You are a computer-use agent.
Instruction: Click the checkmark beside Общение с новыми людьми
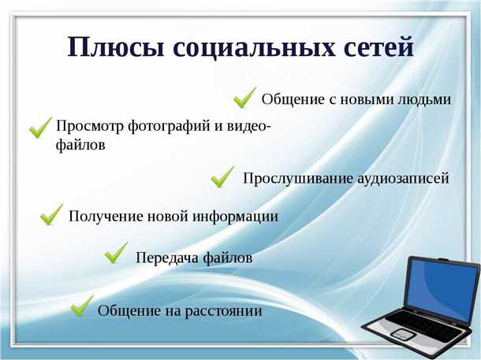(x=244, y=98)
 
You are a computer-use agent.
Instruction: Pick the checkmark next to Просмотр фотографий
(x=39, y=128)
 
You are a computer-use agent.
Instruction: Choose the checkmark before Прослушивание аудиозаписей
(x=222, y=176)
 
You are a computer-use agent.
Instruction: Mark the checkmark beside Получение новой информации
(x=52, y=213)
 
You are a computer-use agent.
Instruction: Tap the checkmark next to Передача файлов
(x=117, y=253)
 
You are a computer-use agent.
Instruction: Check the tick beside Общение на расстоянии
(x=82, y=306)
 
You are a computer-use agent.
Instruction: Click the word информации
(x=240, y=216)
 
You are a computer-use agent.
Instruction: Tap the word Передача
(x=166, y=258)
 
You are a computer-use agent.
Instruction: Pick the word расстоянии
(x=223, y=311)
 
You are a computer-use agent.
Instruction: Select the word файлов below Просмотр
(x=80, y=145)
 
